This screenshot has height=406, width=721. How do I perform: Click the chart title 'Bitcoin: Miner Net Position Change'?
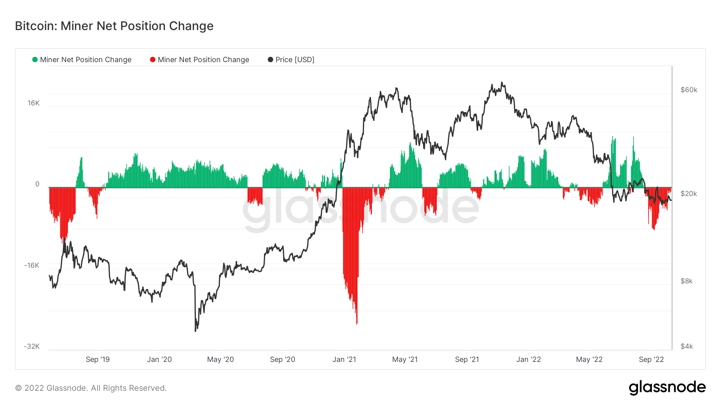coord(114,26)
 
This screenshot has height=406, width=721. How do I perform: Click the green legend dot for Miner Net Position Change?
coord(35,60)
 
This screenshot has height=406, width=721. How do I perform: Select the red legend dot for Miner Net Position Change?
coord(153,60)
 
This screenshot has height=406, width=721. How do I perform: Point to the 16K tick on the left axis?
coord(34,103)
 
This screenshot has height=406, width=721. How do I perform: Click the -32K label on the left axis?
coord(32,346)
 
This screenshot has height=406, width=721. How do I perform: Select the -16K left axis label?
coord(32,265)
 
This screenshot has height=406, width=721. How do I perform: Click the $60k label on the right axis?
coord(689,90)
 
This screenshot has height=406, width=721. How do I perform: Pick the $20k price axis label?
coord(689,194)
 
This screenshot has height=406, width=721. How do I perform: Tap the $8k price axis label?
coord(686,281)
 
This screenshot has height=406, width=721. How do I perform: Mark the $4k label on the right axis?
coord(686,346)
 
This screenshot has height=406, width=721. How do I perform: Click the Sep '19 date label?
coord(97,360)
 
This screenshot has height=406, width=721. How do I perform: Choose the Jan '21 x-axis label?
coord(344,360)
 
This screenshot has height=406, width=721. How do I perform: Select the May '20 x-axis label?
coord(220,360)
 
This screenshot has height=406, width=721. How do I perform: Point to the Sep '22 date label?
coord(651,360)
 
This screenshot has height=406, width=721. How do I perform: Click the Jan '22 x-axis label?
coord(528,360)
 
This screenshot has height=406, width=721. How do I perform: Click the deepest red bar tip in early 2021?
coord(356,323)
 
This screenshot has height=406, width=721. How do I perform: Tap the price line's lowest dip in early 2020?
coord(195,330)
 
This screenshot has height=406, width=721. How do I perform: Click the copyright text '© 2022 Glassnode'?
coord(91,388)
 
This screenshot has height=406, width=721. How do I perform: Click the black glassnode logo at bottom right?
coord(667,388)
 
